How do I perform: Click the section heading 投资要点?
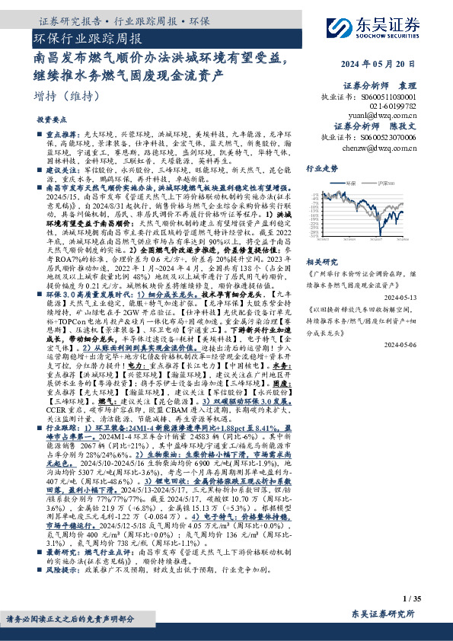[52, 121]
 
